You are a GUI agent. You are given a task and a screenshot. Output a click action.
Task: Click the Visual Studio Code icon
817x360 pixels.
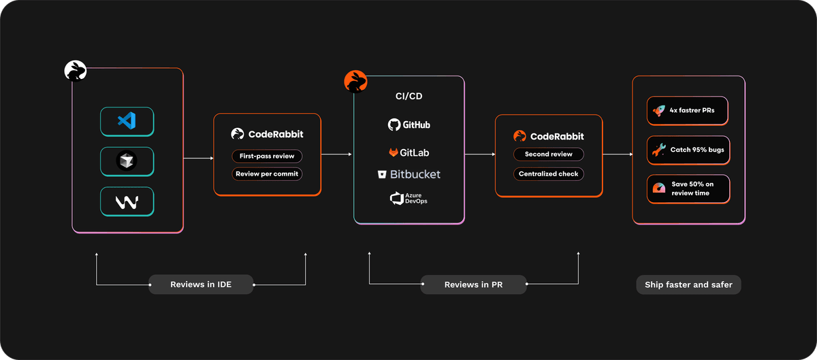coord(127,121)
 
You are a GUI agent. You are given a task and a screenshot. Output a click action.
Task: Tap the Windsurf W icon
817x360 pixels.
coord(127,201)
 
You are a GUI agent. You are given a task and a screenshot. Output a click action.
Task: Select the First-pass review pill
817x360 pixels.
coord(267,156)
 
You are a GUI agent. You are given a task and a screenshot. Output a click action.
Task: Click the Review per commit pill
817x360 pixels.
coord(267,174)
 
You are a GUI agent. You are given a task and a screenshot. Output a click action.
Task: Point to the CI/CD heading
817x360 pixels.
coord(408,96)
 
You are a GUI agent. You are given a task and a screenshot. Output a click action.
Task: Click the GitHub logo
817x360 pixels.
coord(408,125)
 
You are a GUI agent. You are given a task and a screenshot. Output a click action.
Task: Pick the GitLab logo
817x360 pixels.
coord(408,152)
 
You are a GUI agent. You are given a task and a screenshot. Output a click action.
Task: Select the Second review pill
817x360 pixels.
coord(548,154)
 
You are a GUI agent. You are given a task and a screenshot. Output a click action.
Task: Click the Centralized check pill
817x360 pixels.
coord(548,174)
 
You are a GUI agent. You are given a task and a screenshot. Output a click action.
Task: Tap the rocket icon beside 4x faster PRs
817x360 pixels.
coord(658,110)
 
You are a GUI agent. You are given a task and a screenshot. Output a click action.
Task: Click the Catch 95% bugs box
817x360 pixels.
coord(688,150)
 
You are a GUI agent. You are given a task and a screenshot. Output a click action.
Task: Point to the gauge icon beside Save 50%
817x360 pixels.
coord(658,189)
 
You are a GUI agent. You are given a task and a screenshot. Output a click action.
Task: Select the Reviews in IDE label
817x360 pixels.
coord(201,284)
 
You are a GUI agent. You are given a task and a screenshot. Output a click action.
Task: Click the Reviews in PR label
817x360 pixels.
coord(473,284)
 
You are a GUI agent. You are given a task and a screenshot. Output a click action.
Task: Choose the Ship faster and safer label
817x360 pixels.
coord(688,284)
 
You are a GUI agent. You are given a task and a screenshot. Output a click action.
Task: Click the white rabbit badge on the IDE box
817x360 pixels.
coord(75,70)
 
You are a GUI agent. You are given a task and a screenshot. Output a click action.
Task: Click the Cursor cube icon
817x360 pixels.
coord(127,161)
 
